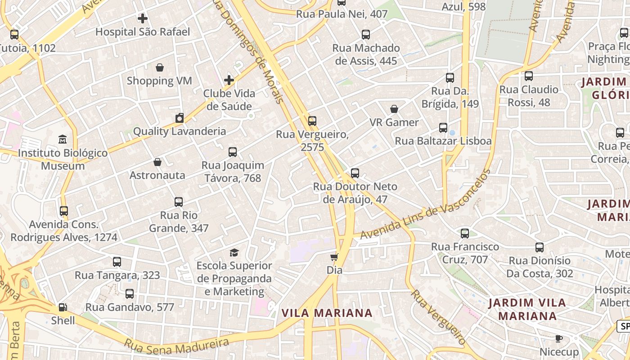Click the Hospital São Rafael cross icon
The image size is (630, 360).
[x=143, y=18]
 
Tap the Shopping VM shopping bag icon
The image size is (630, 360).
[x=159, y=67]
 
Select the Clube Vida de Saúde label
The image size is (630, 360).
[x=229, y=100]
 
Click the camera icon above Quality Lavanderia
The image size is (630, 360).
[x=180, y=118]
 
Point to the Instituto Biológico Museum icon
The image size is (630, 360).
[x=63, y=139]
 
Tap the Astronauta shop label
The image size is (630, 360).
[x=157, y=175]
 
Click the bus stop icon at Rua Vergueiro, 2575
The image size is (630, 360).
[x=312, y=121]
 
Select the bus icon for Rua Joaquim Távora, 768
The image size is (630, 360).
[x=233, y=152]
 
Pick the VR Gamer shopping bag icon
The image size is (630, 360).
[x=394, y=109]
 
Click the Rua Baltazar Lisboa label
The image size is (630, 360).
[x=443, y=141]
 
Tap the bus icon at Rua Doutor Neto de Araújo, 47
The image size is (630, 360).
[x=355, y=173]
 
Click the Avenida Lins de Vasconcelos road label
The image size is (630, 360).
[x=425, y=205]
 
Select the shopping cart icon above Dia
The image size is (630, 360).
[x=334, y=257]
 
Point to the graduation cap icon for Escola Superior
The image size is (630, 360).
[x=234, y=252]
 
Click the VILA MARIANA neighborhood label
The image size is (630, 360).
[x=327, y=313]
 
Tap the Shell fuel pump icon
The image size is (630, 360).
[x=63, y=307]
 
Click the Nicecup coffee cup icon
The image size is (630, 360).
[x=559, y=338]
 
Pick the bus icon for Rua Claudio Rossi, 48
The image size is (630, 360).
[x=529, y=76]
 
